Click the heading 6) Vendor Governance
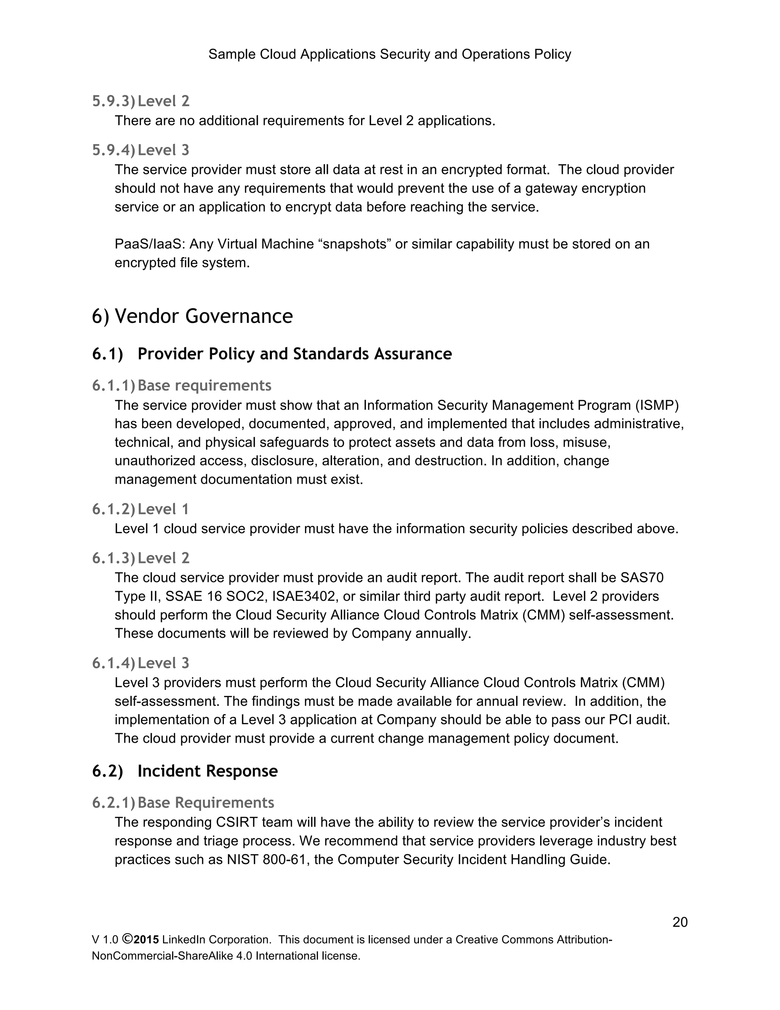(x=192, y=316)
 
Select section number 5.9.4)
(x=113, y=150)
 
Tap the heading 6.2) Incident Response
(x=185, y=771)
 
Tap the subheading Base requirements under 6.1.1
(x=204, y=385)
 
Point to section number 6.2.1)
(x=113, y=802)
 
